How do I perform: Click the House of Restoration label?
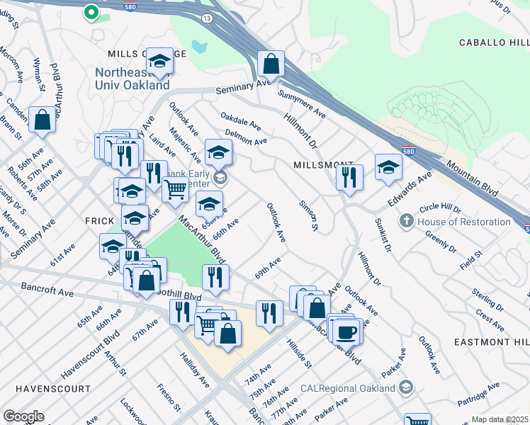[x=464, y=222]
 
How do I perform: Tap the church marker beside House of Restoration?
[x=407, y=222]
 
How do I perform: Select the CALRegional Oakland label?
[x=347, y=388]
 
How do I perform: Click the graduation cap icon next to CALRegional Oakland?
[x=405, y=388]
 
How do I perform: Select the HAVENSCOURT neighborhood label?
[x=52, y=389]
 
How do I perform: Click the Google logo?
[x=23, y=416]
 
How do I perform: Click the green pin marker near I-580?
[x=91, y=12]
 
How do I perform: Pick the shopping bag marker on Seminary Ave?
[x=271, y=64]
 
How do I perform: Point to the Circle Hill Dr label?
[x=440, y=210]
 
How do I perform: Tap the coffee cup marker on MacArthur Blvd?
[x=346, y=331]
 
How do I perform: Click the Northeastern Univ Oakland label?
[x=133, y=79]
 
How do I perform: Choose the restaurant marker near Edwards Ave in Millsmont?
[x=349, y=177]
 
